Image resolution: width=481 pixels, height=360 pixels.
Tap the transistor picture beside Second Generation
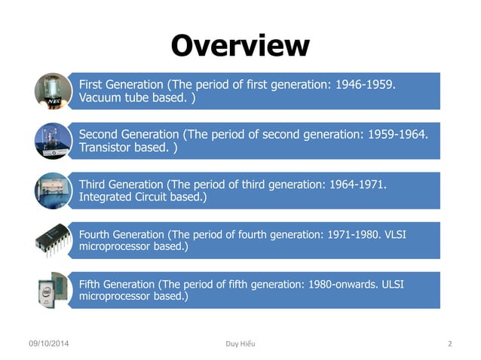54,141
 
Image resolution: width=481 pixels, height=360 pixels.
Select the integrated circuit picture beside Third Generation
54,191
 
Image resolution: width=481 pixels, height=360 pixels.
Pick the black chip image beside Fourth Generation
54,239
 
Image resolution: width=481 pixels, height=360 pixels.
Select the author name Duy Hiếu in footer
240,344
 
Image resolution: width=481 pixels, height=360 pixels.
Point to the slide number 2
449,344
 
